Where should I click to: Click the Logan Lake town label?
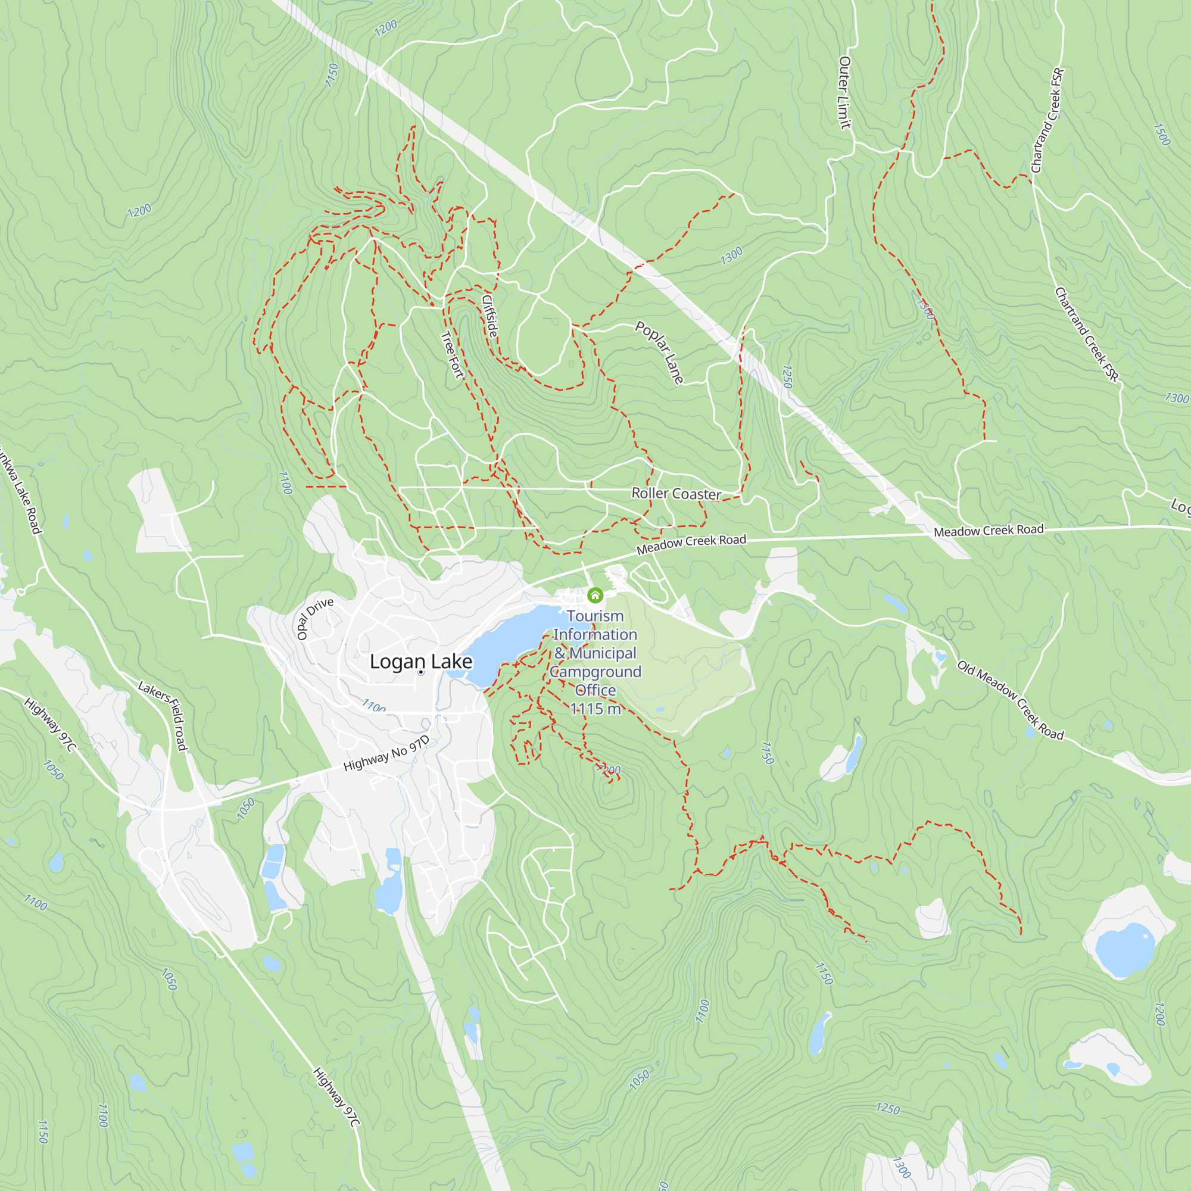[421, 662]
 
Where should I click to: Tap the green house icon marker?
[595, 595]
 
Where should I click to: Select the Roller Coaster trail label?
[676, 494]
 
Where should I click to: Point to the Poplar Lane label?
[660, 353]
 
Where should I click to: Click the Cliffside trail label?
[490, 316]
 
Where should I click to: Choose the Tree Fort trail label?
[452, 355]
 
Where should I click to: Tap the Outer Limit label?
[844, 93]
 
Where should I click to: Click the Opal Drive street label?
[315, 618]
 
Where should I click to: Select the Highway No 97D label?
[386, 754]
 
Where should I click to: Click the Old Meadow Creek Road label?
[1011, 700]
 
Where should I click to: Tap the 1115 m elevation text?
[595, 709]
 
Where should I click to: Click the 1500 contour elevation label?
[1161, 135]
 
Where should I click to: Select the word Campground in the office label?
[595, 672]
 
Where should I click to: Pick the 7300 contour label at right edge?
[1176, 398]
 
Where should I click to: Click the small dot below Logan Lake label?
[421, 672]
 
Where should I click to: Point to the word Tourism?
[595, 616]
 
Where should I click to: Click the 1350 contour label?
[927, 309]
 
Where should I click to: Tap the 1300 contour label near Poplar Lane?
[732, 256]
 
